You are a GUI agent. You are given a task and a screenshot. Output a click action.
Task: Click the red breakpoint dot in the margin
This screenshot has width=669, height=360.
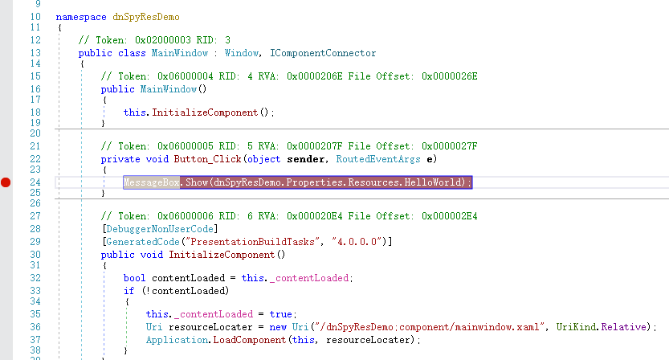tap(6, 183)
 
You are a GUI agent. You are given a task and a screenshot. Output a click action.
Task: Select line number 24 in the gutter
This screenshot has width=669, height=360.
tap(35, 183)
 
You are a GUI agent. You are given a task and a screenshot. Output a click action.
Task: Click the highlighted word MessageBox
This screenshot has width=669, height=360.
tap(150, 183)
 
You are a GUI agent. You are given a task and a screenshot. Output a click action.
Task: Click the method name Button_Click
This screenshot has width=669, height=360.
tap(206, 159)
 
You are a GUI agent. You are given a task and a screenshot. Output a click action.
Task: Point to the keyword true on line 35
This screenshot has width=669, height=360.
tap(281, 313)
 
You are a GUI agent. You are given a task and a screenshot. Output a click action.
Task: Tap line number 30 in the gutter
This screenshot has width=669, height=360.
tap(35, 255)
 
